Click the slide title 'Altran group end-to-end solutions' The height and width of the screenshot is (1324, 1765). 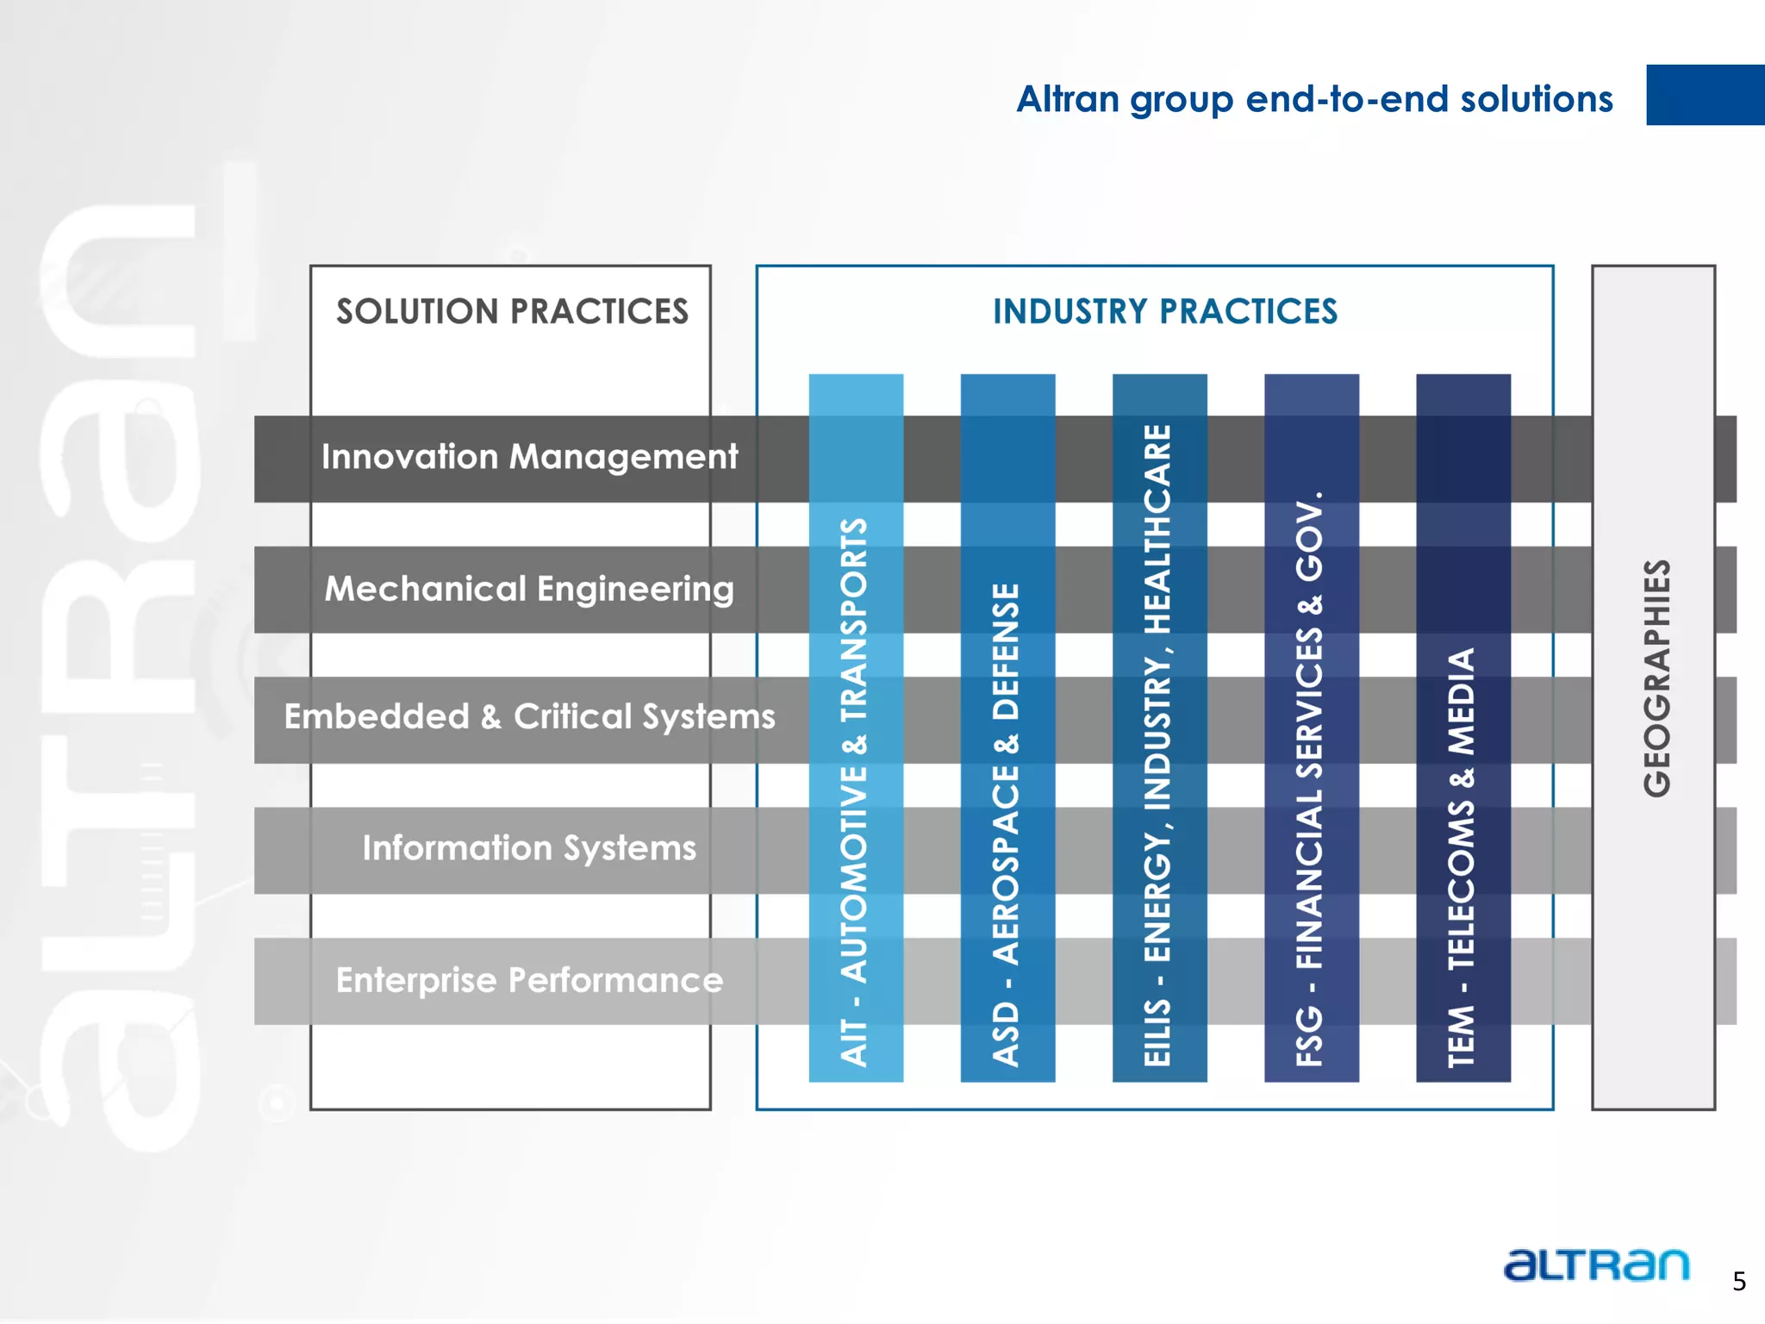[x=1313, y=99]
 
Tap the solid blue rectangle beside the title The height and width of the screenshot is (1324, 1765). [x=1704, y=95]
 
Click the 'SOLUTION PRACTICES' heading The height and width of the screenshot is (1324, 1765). [x=512, y=312]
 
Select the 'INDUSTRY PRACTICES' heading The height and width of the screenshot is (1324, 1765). [x=1164, y=312]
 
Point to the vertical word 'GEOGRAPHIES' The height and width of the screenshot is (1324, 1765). [x=1656, y=678]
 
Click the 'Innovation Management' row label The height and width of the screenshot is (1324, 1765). [x=529, y=457]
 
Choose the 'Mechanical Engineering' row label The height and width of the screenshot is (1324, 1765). [x=529, y=590]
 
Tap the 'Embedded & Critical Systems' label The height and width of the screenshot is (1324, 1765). [x=529, y=717]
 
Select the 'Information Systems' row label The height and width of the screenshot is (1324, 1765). [x=529, y=848]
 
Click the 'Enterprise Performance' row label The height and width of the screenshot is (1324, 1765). [x=529, y=980]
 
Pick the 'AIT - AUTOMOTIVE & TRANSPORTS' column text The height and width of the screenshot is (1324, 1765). [x=854, y=791]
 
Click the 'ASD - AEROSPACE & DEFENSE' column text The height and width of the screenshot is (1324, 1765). [x=1006, y=824]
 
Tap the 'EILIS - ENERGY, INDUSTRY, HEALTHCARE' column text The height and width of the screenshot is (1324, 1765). [x=1157, y=745]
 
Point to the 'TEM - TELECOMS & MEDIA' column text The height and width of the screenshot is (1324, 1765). [x=1461, y=857]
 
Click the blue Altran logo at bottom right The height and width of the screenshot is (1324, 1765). [x=1596, y=1265]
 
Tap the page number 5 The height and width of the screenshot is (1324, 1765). [x=1739, y=1282]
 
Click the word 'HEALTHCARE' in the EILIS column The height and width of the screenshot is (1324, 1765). [x=1157, y=528]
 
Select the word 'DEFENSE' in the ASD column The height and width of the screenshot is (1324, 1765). [x=1006, y=652]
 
